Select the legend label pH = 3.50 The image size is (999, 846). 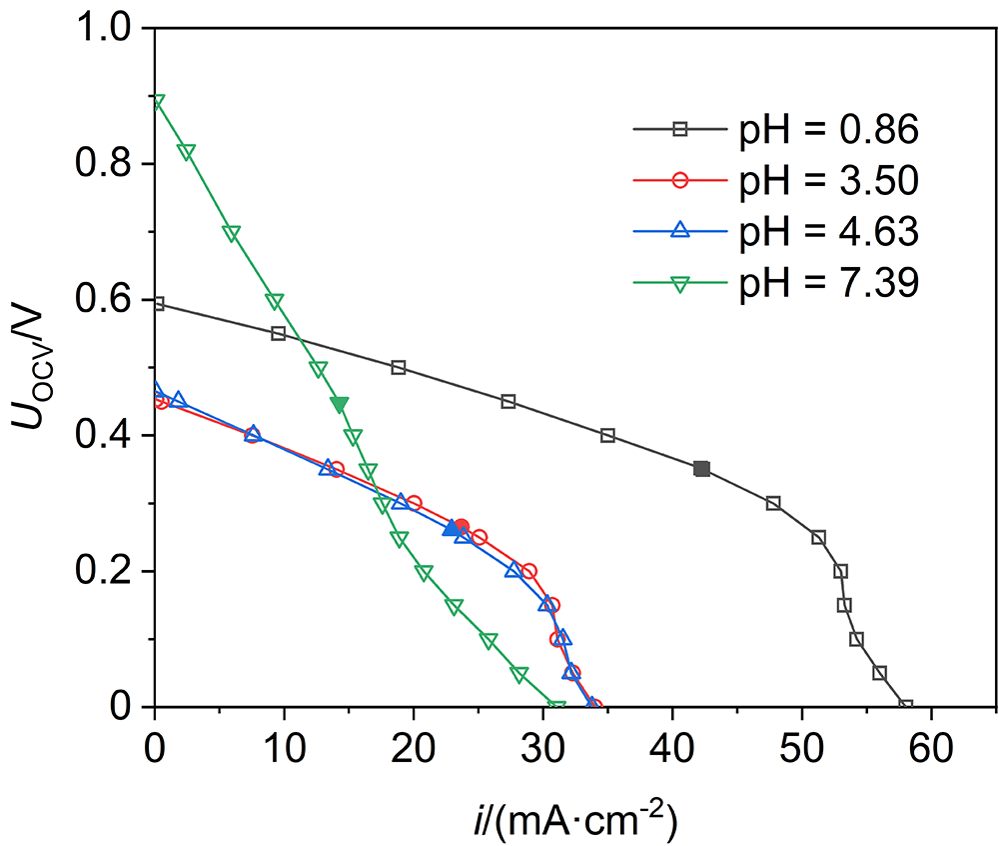pos(827,180)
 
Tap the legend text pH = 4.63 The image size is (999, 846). pos(827,232)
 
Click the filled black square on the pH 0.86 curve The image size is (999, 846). pos(701,469)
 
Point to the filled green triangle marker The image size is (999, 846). pos(340,404)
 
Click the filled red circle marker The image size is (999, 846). pos(461,526)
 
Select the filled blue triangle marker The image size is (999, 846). pos(451,528)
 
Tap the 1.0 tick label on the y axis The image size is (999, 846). pos(116,29)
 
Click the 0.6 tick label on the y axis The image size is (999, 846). pos(116,300)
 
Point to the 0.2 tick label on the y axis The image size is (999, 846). pos(116,572)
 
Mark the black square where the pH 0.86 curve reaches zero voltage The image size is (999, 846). pos(906,706)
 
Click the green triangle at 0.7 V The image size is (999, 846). pos(232,234)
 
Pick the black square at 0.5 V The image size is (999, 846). pos(399,368)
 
